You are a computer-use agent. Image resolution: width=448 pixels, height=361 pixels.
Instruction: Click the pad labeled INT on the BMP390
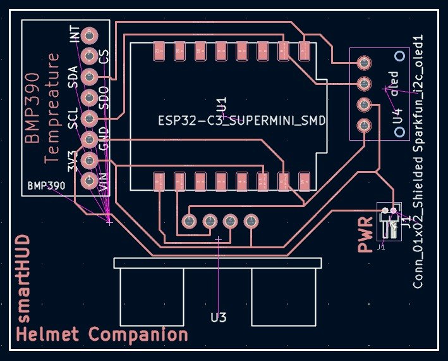click(x=89, y=35)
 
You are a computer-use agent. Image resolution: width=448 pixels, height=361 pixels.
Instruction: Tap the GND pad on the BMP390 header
click(x=89, y=139)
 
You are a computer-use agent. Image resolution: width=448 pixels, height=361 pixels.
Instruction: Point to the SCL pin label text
click(x=73, y=118)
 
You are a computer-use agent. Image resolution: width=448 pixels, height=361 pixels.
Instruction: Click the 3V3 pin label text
click(x=73, y=162)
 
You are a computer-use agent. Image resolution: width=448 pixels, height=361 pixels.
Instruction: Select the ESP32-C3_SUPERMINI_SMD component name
click(x=242, y=121)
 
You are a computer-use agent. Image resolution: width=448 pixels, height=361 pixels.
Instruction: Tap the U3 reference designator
click(x=218, y=317)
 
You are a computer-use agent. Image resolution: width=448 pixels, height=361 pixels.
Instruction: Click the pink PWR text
click(x=366, y=236)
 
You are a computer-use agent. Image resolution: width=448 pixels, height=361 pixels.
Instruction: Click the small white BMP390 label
click(x=46, y=187)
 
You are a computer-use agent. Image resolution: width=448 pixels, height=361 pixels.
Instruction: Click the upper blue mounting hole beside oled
click(x=399, y=56)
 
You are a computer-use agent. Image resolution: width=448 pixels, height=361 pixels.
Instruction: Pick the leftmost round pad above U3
click(x=188, y=220)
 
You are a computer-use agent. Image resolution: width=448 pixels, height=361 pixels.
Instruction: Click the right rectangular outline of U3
click(x=284, y=298)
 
